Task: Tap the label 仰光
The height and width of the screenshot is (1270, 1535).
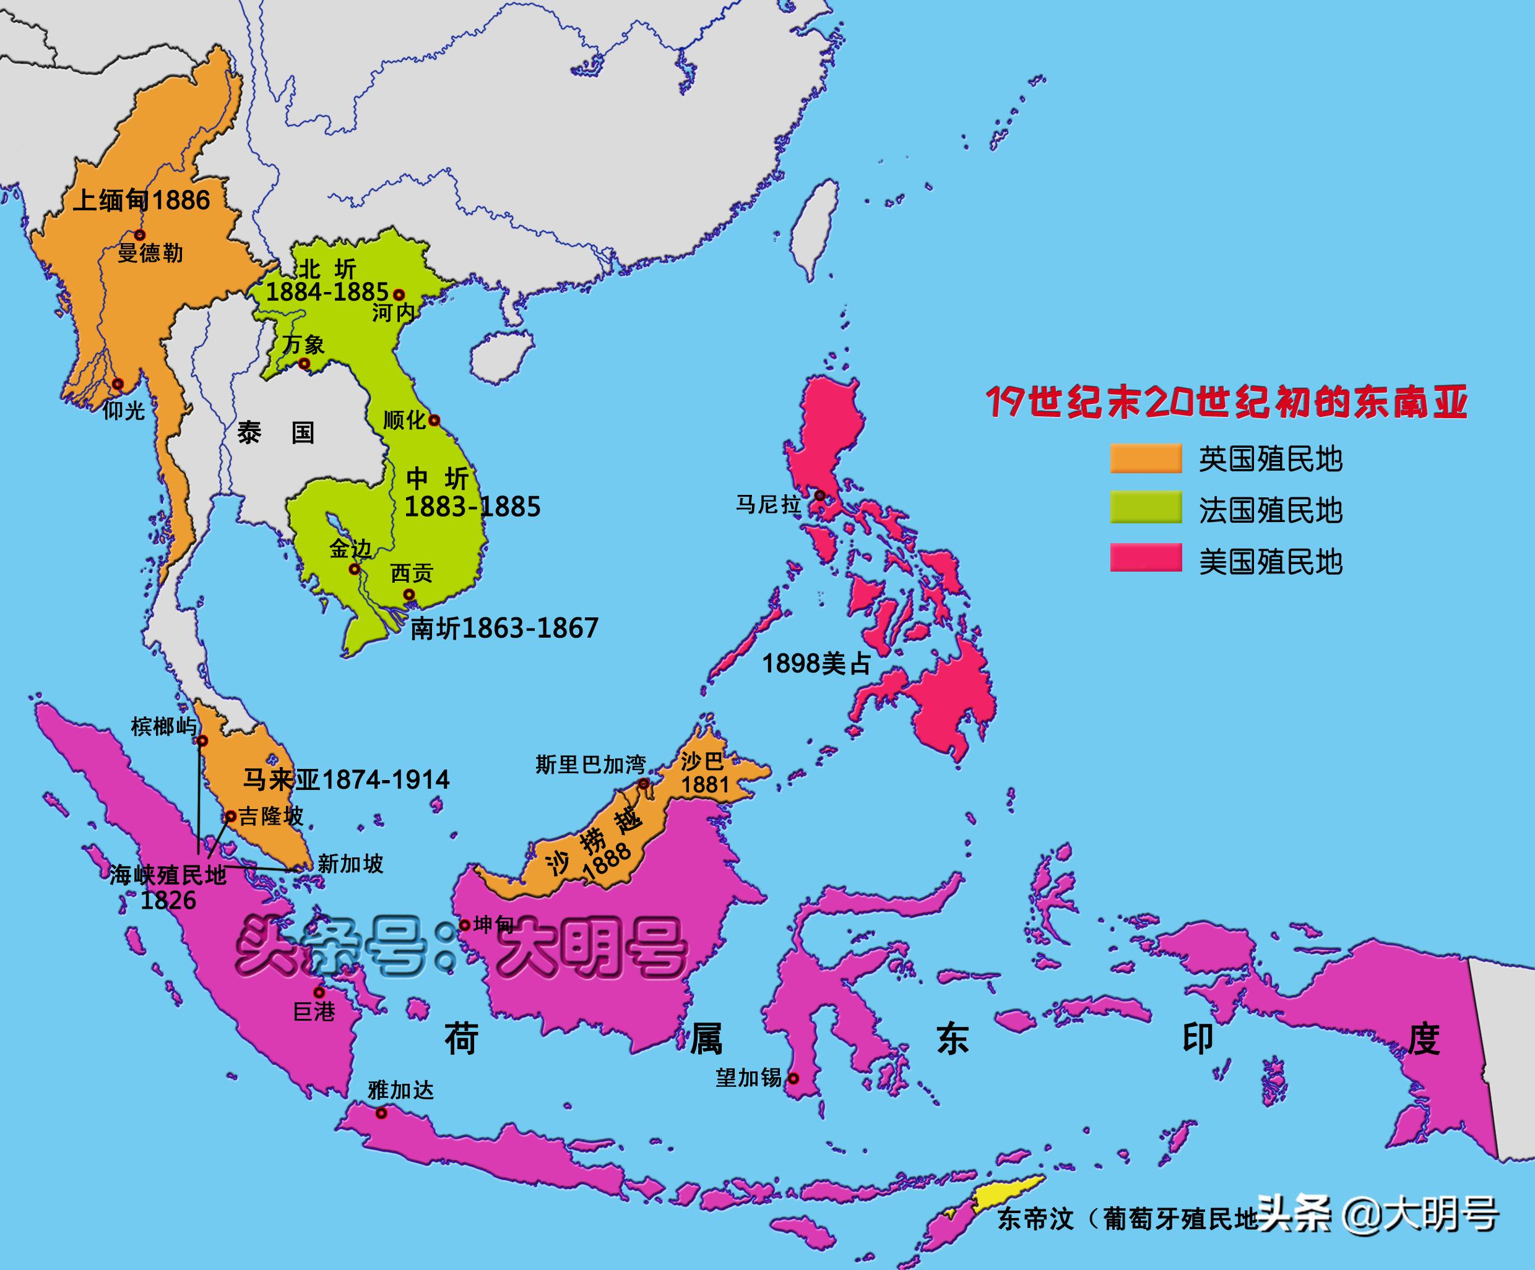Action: pos(124,411)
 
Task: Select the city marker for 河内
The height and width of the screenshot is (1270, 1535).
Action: pos(399,295)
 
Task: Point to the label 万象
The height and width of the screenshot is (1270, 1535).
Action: pos(303,344)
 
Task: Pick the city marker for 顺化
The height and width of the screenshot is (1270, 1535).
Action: pos(433,420)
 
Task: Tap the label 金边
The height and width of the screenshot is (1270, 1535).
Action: pos(350,548)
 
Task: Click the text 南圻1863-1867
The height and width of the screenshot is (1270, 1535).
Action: pos(504,628)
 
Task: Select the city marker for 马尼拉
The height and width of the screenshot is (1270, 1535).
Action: pos(820,496)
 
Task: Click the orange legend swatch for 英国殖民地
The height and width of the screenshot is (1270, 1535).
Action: pos(1146,458)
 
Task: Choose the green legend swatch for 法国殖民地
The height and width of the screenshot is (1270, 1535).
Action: pos(1146,508)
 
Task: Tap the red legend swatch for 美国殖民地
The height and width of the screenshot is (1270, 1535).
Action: pos(1146,557)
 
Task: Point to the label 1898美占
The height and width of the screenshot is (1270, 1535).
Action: pos(816,664)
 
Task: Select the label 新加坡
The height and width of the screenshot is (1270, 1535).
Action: pos(350,864)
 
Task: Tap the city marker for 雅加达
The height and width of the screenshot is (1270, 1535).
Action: pos(381,1113)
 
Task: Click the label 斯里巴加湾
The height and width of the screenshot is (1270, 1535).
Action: pos(590,765)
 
